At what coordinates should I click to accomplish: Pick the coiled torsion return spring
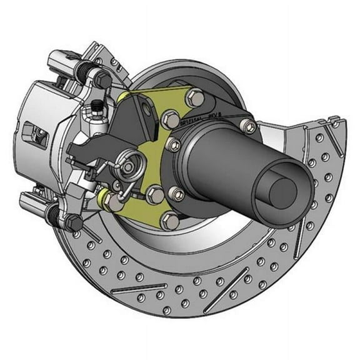coord(127,168)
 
